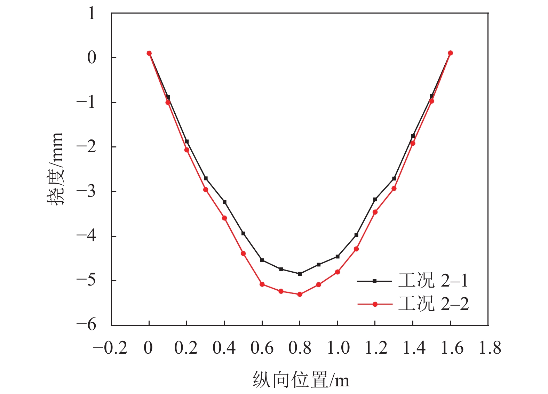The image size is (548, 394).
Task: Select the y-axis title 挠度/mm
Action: tap(55, 169)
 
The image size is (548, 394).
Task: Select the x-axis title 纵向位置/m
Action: tap(301, 379)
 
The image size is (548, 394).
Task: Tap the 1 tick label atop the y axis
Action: tap(92, 14)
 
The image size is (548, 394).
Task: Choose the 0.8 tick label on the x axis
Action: tap(300, 348)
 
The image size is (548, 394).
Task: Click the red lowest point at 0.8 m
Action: tap(300, 294)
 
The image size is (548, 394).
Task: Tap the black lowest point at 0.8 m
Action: tap(300, 274)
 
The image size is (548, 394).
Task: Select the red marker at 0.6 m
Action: tap(262, 284)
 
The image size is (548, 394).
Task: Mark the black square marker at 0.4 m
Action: tap(224, 202)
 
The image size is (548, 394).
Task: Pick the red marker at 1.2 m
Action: tap(375, 212)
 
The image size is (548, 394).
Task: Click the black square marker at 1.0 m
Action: tap(337, 257)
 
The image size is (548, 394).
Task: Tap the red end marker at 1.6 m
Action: tap(450, 53)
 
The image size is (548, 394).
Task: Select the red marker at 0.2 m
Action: tap(187, 150)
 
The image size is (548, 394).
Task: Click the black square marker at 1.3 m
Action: tap(394, 178)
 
